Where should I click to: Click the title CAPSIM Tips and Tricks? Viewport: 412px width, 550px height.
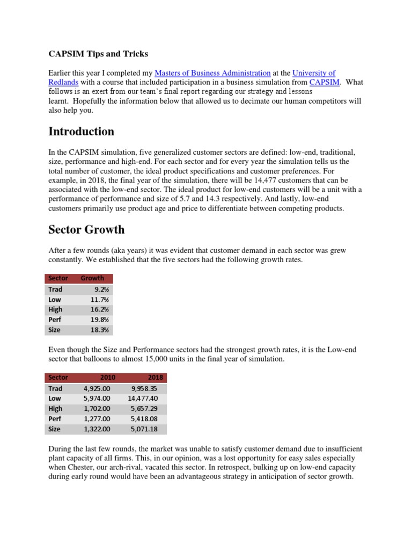pos(98,54)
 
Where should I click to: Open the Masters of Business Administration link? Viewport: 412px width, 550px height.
pos(212,73)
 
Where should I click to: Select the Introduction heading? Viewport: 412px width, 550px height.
pos(81,132)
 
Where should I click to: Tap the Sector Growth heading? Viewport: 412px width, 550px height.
pos(86,229)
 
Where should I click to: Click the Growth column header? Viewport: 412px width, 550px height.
pos(92,278)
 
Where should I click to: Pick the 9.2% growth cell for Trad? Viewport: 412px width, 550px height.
pos(101,289)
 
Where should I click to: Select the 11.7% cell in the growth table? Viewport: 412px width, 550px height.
pos(100,299)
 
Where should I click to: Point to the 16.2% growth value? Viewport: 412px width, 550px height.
pos(100,309)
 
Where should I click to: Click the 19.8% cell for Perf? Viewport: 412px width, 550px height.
pos(100,320)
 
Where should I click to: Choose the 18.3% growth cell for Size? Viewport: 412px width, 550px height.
pos(100,330)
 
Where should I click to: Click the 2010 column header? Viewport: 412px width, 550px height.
pos(108,378)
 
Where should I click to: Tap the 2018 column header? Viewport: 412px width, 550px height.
pos(155,378)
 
